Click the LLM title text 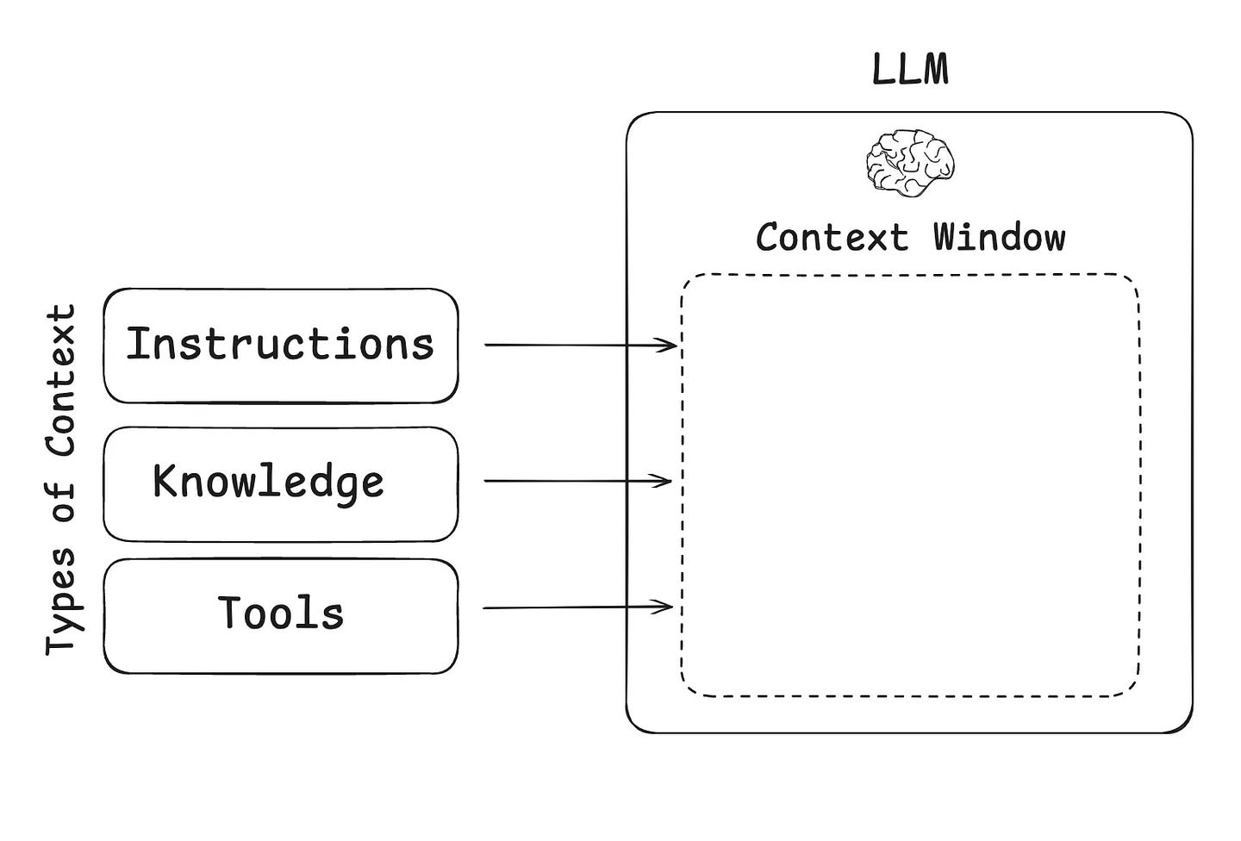click(910, 70)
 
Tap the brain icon click(910, 163)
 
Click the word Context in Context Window click(833, 237)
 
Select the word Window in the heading click(1000, 237)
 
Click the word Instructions click(280, 344)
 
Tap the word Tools click(280, 612)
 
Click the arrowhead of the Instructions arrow click(665, 346)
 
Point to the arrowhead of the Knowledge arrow click(660, 481)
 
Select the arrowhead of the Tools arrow click(662, 607)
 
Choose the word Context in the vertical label click(61, 380)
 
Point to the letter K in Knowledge click(164, 480)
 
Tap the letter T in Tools click(229, 612)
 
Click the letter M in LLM click(935, 70)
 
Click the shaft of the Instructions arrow click(581, 346)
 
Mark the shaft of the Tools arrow click(577, 607)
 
